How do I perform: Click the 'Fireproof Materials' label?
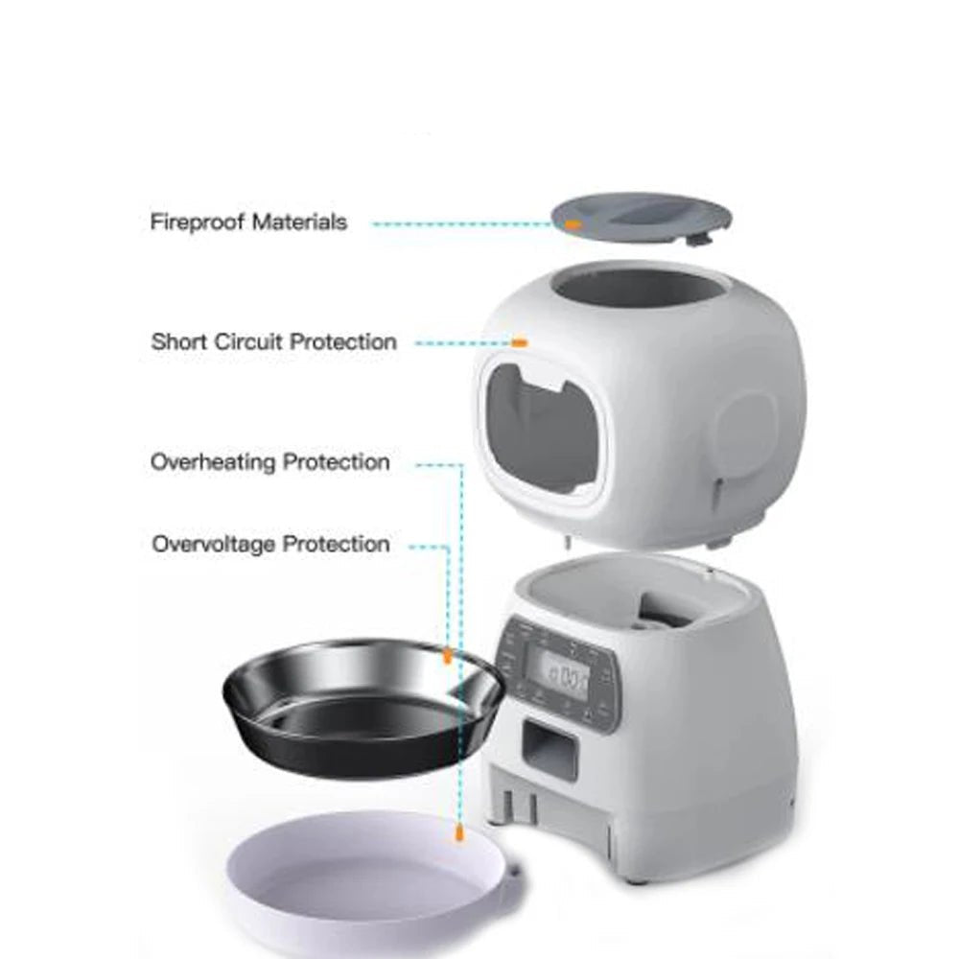click(247, 222)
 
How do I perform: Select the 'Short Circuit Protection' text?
click(273, 342)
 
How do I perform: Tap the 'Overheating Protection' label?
click(270, 462)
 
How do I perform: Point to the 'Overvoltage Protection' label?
click(270, 545)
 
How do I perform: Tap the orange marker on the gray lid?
click(573, 223)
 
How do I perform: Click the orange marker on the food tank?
click(519, 341)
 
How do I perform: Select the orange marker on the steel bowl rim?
click(447, 656)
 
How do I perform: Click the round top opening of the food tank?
click(638, 288)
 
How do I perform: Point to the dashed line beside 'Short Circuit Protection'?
click(458, 342)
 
